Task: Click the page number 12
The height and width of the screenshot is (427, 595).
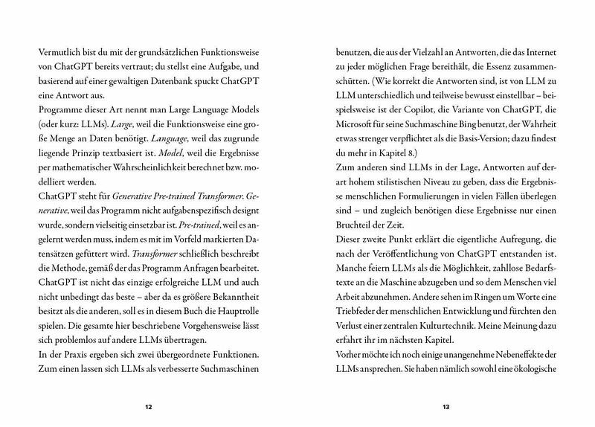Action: pos(149,406)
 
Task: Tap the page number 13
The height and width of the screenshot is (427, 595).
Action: pos(445,406)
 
